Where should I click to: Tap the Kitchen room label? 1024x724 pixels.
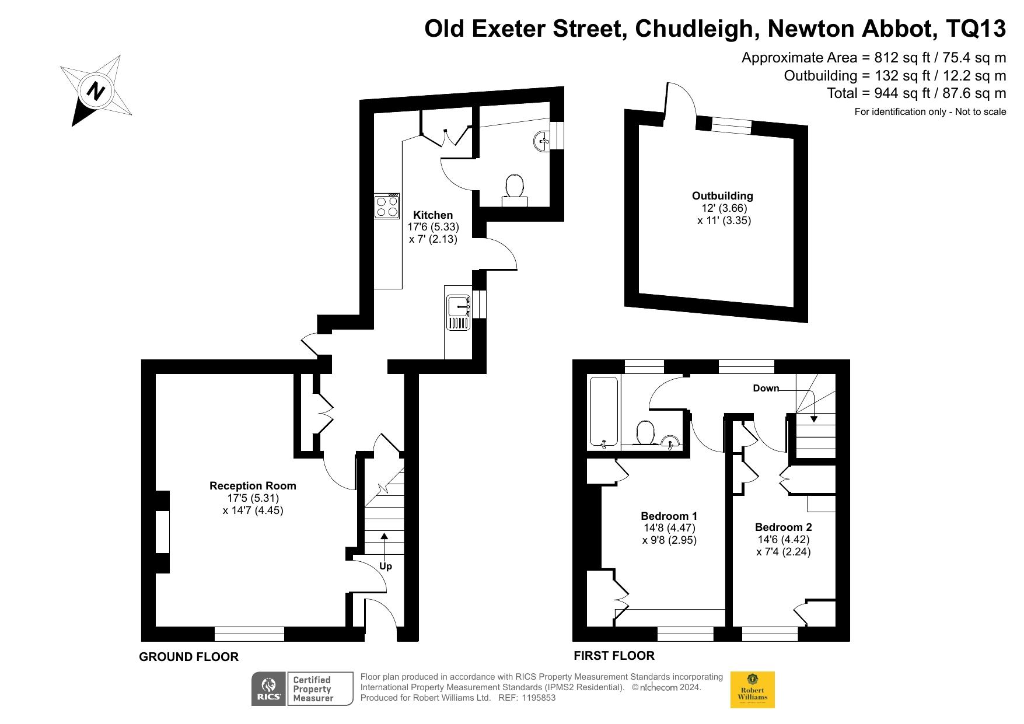click(433, 215)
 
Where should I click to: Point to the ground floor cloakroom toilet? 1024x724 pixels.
click(515, 190)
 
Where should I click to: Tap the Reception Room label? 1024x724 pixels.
click(253, 486)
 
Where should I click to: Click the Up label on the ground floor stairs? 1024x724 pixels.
click(386, 566)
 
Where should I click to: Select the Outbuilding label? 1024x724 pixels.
click(722, 196)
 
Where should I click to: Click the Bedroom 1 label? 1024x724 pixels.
click(669, 516)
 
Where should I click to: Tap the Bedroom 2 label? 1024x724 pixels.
click(783, 527)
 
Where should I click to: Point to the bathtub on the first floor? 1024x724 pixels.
click(604, 412)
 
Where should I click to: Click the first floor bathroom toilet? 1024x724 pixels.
click(645, 433)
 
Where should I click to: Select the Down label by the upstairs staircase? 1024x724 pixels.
click(766, 388)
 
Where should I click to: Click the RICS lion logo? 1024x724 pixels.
click(269, 689)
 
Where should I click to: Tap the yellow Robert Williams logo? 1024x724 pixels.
click(753, 690)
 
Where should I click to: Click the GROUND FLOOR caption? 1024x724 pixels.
click(188, 657)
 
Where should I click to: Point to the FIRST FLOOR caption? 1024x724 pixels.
click(614, 656)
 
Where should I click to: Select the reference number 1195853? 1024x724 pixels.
click(540, 698)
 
